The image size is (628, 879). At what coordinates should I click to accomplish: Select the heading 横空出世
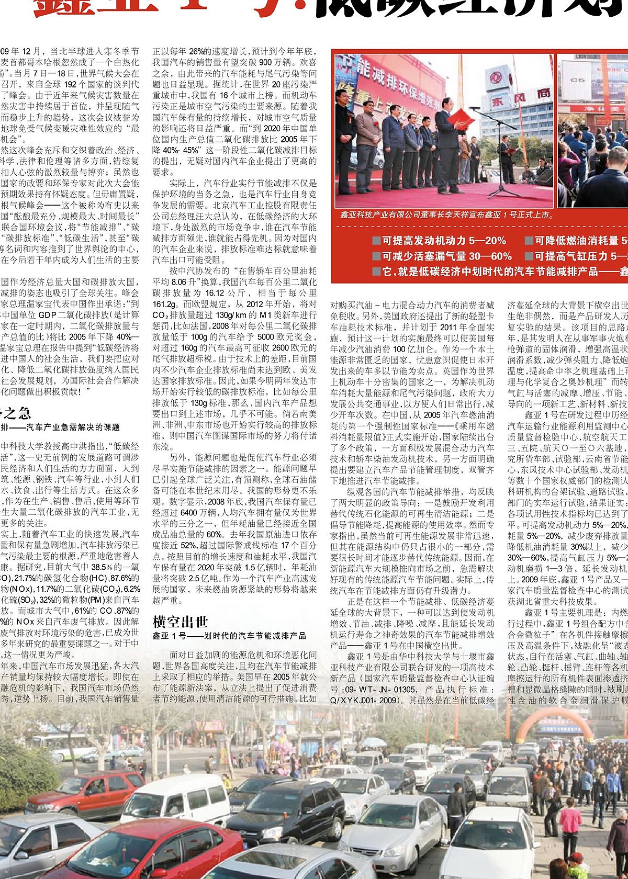tap(180, 622)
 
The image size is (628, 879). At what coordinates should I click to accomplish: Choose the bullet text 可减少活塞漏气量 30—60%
tap(446, 256)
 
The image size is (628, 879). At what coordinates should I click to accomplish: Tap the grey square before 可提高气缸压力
tap(529, 256)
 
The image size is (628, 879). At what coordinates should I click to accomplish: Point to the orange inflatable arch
tap(555, 727)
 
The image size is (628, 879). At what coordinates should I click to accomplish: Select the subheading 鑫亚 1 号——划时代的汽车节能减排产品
tap(229, 636)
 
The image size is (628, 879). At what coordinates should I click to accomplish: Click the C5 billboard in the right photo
tap(577, 80)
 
